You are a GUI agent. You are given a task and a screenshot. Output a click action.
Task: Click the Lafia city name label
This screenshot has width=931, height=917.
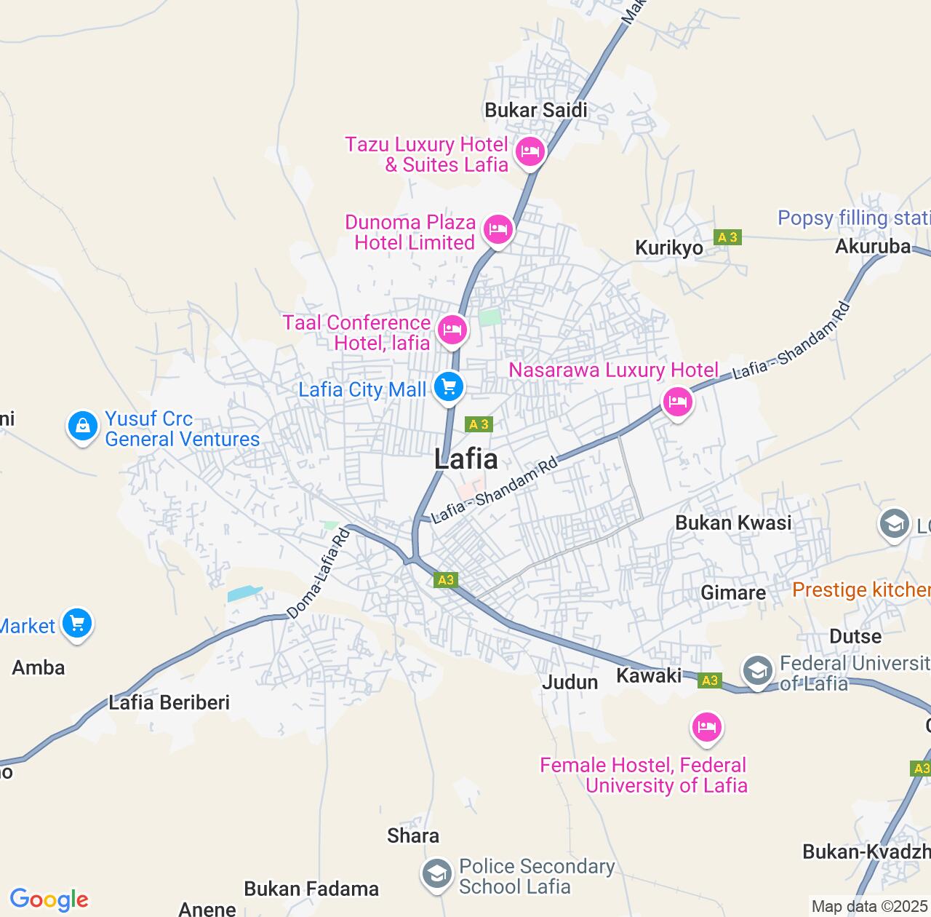[466, 459]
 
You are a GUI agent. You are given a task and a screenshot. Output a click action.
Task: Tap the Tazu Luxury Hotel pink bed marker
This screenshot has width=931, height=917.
[530, 152]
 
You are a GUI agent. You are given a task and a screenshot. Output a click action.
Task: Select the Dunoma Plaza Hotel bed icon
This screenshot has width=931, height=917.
[498, 230]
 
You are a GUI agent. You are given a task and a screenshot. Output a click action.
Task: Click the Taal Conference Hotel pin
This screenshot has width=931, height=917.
[452, 330]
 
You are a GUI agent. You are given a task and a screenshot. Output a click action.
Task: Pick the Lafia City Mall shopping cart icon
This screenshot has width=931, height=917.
[449, 386]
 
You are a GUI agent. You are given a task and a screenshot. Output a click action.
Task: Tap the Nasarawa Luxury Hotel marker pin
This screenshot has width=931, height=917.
[678, 402]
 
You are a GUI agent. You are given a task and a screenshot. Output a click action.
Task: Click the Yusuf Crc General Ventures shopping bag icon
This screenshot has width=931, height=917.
[82, 426]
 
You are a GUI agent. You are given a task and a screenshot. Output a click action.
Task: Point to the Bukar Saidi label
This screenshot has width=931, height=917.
[536, 111]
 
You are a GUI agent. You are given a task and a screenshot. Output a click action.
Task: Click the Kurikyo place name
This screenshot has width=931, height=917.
[669, 248]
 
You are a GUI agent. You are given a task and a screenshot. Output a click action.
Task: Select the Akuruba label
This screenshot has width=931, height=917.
[873, 247]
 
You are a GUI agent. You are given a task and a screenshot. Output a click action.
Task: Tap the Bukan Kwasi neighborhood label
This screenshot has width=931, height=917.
[733, 523]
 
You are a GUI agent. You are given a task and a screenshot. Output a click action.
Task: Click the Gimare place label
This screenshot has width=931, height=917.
[733, 593]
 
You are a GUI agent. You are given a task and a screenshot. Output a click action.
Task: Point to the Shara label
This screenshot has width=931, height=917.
[413, 835]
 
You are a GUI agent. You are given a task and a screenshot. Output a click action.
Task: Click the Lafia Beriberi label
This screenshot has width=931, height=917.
[169, 702]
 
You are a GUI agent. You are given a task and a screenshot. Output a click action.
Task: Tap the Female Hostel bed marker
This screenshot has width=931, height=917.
[706, 727]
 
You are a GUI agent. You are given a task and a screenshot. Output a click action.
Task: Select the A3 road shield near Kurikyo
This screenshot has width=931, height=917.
[727, 237]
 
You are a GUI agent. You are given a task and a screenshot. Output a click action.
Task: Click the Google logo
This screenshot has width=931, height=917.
[49, 900]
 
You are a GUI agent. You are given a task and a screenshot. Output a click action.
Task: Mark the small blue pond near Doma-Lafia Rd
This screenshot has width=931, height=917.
[244, 594]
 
